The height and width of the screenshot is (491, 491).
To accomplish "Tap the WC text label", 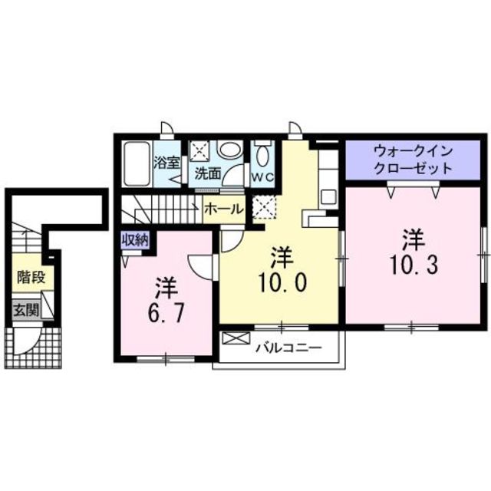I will [x=262, y=175].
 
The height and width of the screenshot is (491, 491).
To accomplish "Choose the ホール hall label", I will [x=225, y=209].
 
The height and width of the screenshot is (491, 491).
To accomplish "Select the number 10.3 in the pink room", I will [x=412, y=265].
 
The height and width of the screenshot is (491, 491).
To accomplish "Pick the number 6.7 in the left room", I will [x=166, y=312].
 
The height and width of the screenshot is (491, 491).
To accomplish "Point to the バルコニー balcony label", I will [x=287, y=348].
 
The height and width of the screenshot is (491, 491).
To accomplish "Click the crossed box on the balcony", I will [x=235, y=337].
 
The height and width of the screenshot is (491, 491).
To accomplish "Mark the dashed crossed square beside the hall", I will [x=265, y=206].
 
